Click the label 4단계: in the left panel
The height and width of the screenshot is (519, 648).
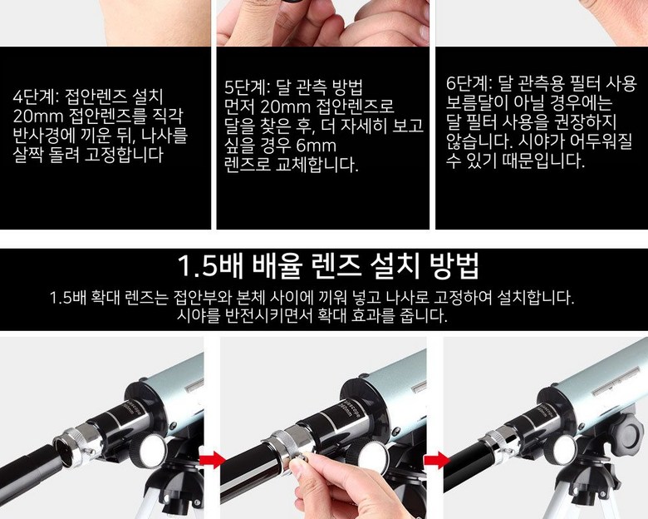(37, 97)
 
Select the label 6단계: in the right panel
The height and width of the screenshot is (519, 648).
(469, 84)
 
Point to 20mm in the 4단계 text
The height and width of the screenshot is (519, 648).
(38, 116)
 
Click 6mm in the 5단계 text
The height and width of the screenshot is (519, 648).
(317, 146)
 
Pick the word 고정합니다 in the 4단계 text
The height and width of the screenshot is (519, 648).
(124, 155)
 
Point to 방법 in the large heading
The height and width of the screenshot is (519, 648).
(454, 265)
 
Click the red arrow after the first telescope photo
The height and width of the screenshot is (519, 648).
(213, 460)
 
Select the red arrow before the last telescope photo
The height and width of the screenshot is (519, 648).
(436, 460)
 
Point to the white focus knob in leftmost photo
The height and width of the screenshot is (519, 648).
(152, 451)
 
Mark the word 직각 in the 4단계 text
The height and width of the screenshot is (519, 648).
(167, 116)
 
